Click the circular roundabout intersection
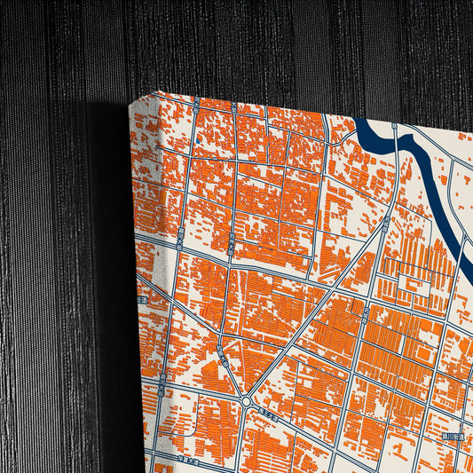pos(246,403)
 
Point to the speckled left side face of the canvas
pos(144,293)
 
